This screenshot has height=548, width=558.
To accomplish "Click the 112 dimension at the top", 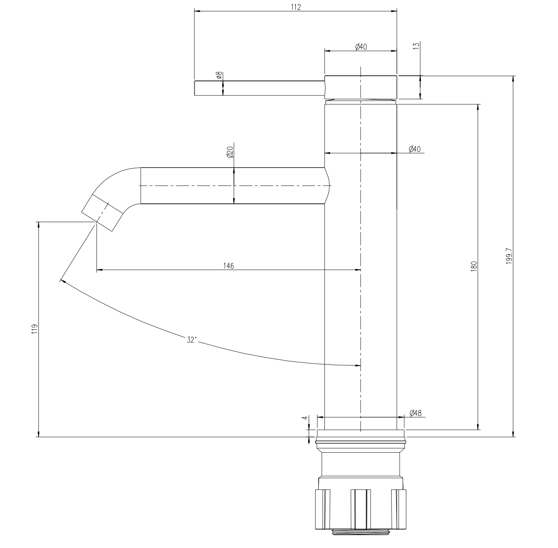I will coord(296,7).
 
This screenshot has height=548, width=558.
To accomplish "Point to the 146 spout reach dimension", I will coord(228,266).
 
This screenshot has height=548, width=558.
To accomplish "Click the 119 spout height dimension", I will coord(34,329).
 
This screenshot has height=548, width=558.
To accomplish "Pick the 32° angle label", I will coord(192,340).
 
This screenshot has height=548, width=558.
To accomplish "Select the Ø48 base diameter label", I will coord(415,413).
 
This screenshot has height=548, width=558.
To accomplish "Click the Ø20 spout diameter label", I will coord(230,153).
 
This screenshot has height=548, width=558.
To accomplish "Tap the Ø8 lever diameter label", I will coord(219,76).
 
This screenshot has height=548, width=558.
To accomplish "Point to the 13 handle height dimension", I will coord(416,45).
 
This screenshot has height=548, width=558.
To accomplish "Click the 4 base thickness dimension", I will coord(304,418).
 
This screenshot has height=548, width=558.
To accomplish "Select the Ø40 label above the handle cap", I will coord(361,47).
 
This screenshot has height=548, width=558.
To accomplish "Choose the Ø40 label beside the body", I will coord(414,149).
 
